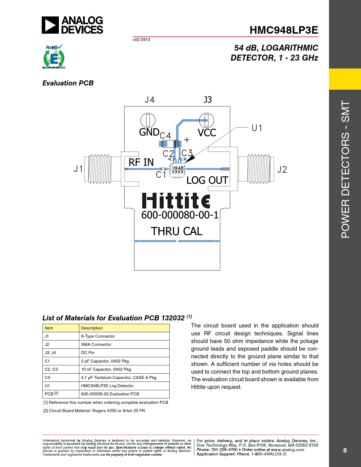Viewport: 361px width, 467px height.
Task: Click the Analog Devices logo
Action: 72,25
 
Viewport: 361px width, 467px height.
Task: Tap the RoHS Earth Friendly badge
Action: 54,57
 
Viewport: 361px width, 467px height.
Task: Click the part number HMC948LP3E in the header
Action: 284,30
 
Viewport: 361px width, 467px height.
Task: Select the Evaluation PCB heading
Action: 68,83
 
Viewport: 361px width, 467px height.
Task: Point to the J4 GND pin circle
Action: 148,120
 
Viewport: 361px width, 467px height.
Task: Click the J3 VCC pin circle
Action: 206,120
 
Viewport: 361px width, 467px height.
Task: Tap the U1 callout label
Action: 257,128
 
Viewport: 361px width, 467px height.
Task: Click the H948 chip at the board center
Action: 177,170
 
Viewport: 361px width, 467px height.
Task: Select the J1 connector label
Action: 78,169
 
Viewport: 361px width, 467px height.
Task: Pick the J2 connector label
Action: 282,170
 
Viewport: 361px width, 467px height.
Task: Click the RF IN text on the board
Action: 141,162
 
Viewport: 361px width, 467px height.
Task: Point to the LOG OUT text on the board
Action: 207,180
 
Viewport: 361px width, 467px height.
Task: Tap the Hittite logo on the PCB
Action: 176,201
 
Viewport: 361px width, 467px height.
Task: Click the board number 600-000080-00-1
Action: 180,215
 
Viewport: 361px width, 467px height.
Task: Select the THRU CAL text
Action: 176,232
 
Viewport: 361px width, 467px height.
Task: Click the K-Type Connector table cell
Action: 98,336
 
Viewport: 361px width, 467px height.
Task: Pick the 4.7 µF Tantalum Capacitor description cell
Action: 119,378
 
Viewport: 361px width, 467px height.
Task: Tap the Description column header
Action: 92,328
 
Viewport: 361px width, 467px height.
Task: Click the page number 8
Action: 345,450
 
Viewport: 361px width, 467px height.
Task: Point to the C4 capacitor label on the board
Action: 165,136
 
